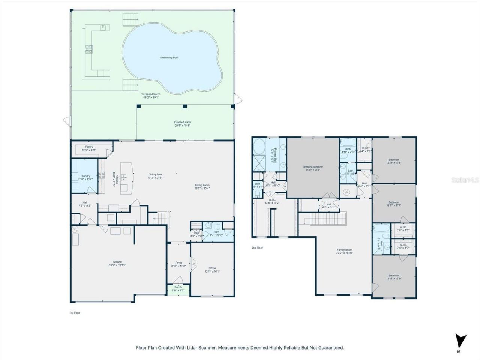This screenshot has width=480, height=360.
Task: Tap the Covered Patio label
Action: tap(182, 122)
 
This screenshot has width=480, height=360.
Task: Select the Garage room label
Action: tap(117, 262)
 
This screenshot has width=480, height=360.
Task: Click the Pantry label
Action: tap(89, 147)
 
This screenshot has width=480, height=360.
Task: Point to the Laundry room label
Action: tap(85, 176)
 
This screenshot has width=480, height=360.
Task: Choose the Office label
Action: tap(212, 268)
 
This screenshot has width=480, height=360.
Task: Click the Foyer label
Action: tap(178, 262)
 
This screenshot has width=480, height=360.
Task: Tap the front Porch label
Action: tap(178, 287)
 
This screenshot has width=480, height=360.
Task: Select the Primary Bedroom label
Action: tap(313, 167)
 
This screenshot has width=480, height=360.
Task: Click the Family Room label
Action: tap(344, 250)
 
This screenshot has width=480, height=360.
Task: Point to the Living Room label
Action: tap(202, 185)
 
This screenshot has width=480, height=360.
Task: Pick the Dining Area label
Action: tap(155, 174)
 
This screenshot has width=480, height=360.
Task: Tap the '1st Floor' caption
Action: tap(75, 312)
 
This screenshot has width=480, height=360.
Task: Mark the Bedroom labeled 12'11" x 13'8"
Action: tap(394, 160)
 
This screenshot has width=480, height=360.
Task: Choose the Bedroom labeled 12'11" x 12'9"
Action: tap(394, 276)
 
